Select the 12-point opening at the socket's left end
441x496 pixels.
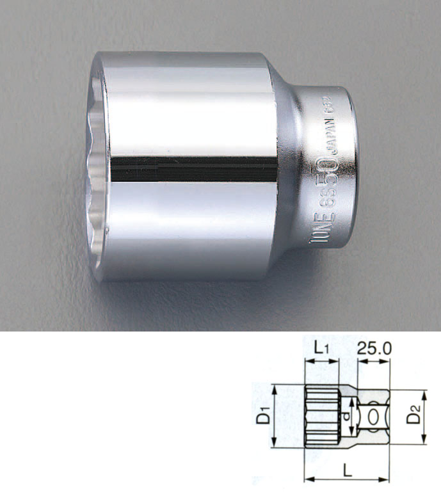point(96,168)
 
